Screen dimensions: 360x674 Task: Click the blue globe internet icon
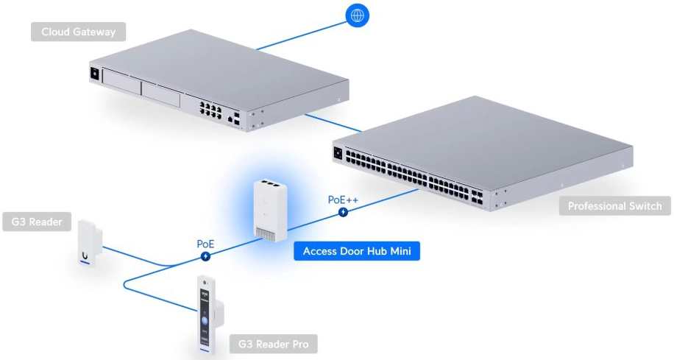[358, 15]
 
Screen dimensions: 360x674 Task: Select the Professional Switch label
[614, 206]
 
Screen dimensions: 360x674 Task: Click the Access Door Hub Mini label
[357, 252]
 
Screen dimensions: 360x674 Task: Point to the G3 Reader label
[37, 222]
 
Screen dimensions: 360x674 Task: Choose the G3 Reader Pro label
[274, 343]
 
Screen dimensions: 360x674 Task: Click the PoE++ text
[344, 200]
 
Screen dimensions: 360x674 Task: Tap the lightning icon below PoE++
[344, 213]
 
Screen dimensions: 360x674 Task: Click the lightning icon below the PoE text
[205, 257]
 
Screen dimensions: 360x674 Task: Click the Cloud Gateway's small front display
[94, 74]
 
